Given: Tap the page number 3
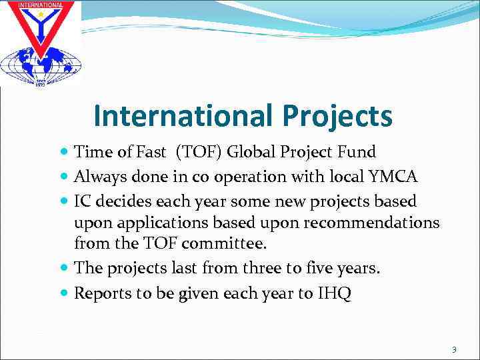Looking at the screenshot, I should (x=454, y=349).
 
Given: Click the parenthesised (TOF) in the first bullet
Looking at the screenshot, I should (x=199, y=152).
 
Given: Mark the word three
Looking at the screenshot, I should (x=270, y=269).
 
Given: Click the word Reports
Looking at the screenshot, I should (x=101, y=293).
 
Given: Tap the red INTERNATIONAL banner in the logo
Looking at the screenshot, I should (x=40, y=6).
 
